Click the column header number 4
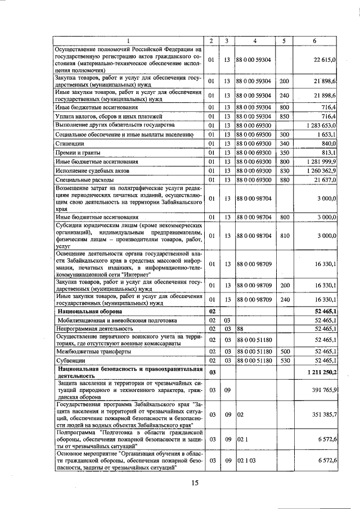coord(255,41)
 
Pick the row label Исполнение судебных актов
coord(92,170)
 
